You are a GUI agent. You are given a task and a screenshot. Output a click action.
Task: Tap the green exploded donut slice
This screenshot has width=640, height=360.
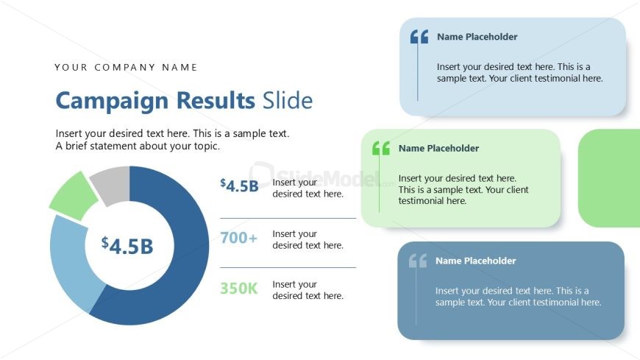(x=73, y=195)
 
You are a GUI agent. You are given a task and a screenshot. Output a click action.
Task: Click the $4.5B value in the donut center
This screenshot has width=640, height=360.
(x=127, y=245)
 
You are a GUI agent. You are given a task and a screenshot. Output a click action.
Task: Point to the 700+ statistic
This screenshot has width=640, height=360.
(x=238, y=238)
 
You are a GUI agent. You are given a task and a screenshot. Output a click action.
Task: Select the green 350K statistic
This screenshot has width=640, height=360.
(x=238, y=289)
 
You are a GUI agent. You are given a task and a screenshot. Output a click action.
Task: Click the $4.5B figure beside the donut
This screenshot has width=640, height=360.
(x=239, y=186)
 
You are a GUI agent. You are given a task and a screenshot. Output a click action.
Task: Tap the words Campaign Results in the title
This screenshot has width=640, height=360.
(x=153, y=101)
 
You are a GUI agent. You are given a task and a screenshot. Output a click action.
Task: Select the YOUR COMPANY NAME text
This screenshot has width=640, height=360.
(x=126, y=68)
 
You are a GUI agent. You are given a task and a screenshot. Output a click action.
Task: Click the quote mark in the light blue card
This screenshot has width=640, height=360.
(x=419, y=37)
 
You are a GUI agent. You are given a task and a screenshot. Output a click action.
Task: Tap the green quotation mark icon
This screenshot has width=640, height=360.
(x=380, y=149)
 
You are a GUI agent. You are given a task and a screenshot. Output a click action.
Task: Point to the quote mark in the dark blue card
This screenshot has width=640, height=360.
(x=417, y=261)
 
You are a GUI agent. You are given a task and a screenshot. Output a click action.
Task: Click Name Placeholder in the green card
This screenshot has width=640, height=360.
(x=438, y=148)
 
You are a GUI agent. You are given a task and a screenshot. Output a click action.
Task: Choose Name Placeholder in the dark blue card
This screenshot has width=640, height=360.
(x=475, y=261)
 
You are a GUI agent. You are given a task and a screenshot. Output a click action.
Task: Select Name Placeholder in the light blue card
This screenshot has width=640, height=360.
(x=477, y=37)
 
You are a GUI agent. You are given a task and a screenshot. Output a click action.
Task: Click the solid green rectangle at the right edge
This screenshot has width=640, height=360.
(x=609, y=178)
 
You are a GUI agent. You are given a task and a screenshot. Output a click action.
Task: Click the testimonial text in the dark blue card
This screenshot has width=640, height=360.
(x=518, y=297)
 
